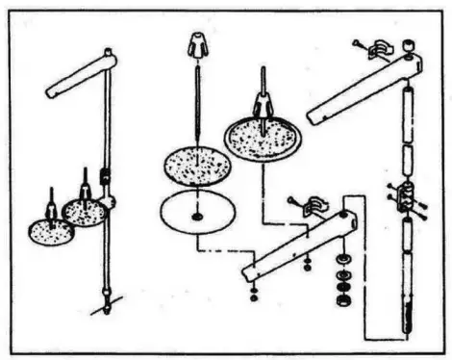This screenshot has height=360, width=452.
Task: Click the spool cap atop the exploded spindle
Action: (x=198, y=44)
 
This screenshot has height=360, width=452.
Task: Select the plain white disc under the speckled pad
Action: (x=197, y=215)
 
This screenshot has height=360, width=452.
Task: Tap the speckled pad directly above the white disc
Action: (x=197, y=167)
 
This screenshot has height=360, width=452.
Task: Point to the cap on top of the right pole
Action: (x=409, y=45)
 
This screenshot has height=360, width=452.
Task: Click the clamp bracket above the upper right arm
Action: (x=370, y=46)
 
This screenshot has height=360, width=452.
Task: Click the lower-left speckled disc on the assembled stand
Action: (x=50, y=231)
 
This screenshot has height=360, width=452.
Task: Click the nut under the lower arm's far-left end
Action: (x=253, y=291)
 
